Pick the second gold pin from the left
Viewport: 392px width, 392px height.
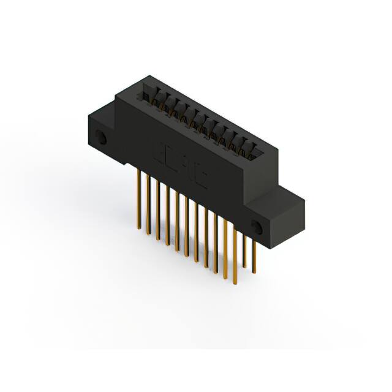[148, 202]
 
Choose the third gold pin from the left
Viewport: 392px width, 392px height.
[157, 208]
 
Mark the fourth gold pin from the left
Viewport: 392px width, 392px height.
[167, 214]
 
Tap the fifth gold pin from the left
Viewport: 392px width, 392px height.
[176, 221]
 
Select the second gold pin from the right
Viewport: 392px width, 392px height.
[245, 251]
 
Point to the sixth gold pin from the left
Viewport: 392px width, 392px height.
[186, 227]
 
